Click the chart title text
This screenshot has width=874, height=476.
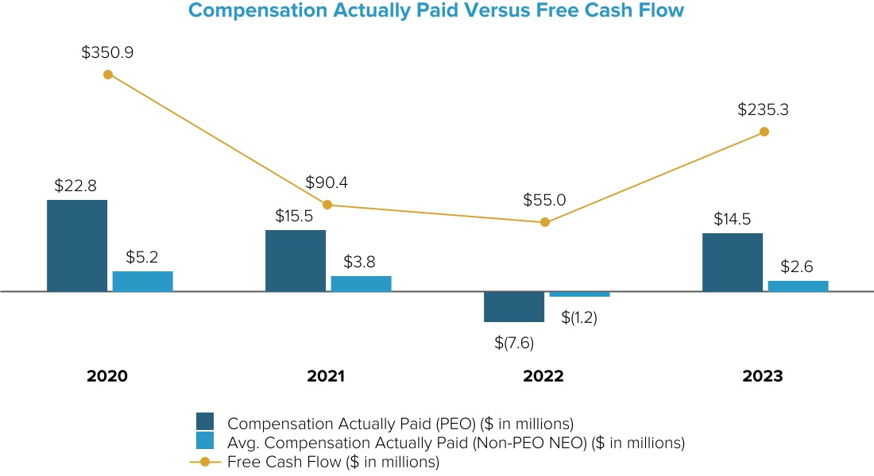436,11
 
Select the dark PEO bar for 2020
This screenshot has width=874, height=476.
77,245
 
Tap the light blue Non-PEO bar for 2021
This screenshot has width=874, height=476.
361,283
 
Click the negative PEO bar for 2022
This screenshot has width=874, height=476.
514,306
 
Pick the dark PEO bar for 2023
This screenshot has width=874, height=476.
733,262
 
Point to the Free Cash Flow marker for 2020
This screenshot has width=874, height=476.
108,75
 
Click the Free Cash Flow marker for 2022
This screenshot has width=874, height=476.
544,222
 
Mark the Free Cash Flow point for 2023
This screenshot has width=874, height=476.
764,132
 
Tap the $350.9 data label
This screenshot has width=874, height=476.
107,52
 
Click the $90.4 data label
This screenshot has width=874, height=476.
327,182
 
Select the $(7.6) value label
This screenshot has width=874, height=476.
514,343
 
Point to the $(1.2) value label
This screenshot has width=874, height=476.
579,317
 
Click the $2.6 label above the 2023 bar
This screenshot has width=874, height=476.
797,267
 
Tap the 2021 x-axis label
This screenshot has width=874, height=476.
326,376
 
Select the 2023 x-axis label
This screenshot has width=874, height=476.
763,376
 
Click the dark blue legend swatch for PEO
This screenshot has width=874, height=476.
205,421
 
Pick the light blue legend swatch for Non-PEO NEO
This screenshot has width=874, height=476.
205,441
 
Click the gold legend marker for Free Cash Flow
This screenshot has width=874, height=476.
206,462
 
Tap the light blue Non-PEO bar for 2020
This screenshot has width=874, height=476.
142,281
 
